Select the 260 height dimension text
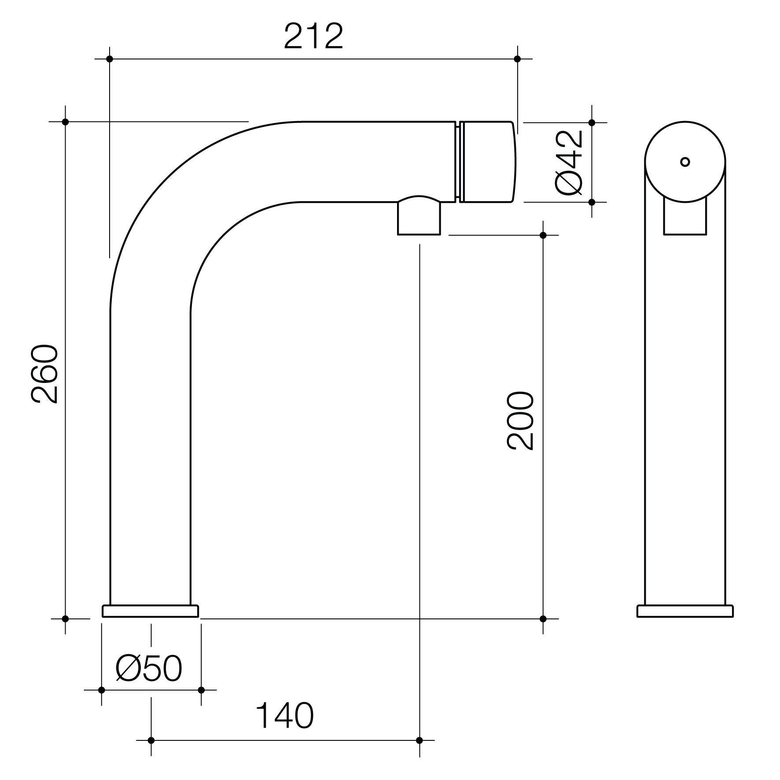44,374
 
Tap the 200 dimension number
521,421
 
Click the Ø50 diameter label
149,668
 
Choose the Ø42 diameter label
570,162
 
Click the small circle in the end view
685,162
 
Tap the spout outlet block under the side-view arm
419,216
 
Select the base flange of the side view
150,611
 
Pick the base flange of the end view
685,611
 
